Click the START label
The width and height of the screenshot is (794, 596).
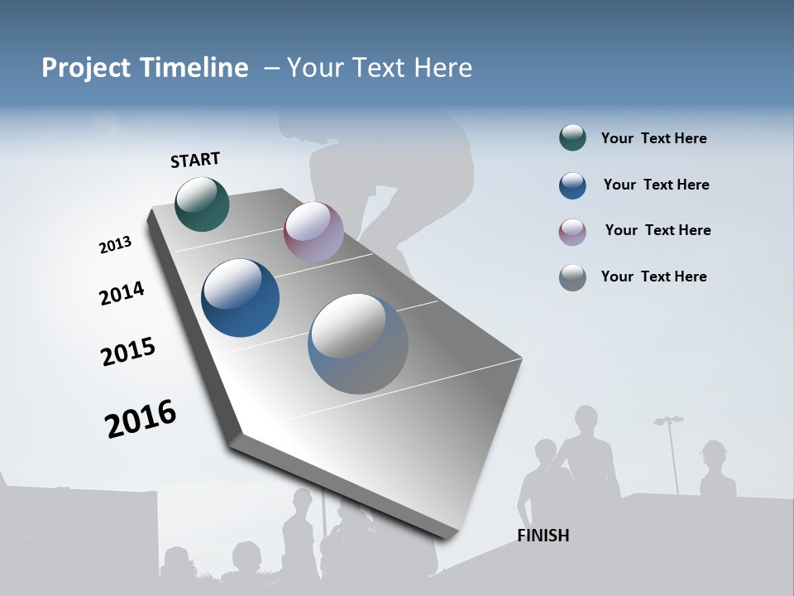click(x=195, y=160)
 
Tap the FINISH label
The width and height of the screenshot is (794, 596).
click(x=543, y=536)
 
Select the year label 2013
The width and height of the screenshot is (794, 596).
click(x=115, y=245)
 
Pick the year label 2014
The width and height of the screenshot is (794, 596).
click(x=122, y=293)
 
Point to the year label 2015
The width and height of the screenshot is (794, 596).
click(x=128, y=351)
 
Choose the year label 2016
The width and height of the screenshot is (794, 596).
click(x=141, y=419)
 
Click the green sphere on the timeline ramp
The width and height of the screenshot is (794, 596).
click(x=203, y=204)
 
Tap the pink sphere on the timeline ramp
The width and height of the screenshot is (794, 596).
click(x=313, y=232)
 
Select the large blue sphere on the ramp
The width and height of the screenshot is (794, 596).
click(x=241, y=298)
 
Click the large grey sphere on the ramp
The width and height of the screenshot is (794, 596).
click(x=358, y=344)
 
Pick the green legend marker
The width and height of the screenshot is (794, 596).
click(x=572, y=138)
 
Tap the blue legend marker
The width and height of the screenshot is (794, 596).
click(x=572, y=185)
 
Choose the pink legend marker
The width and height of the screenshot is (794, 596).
click(x=572, y=232)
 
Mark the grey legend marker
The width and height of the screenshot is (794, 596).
click(x=572, y=277)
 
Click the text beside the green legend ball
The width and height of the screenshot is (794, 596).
click(x=653, y=139)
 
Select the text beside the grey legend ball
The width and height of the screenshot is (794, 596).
click(x=653, y=276)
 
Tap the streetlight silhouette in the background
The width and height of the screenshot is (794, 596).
click(x=670, y=451)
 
